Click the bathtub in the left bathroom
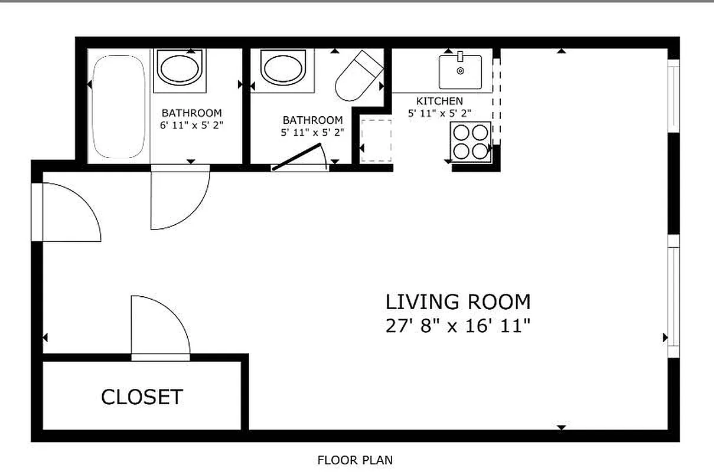pos(119,106)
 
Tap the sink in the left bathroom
pos(180,68)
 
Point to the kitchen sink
pos(460,71)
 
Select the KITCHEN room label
pos(439,101)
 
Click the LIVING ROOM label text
pos(458,302)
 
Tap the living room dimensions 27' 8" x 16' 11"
pos(458,326)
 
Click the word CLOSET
pos(142,397)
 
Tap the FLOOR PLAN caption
pos(355,460)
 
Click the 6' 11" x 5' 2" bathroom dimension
pos(192,125)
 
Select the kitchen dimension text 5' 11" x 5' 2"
pos(439,113)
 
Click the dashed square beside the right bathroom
pos(376,140)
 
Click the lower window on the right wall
pos(673,301)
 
